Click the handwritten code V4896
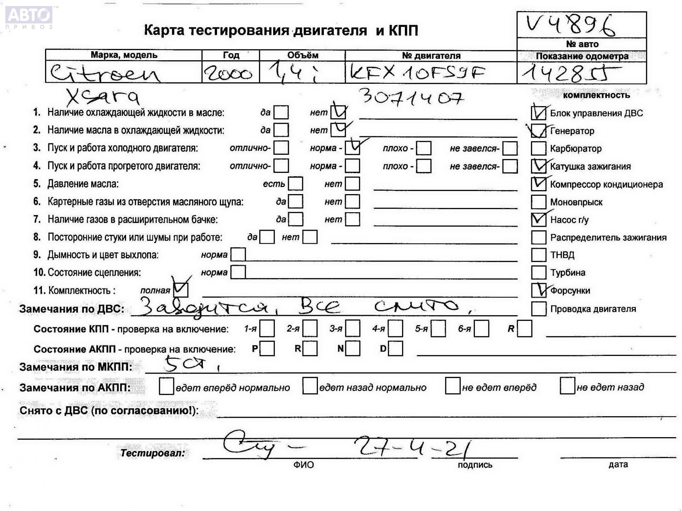click(570, 25)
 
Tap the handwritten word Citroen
click(105, 73)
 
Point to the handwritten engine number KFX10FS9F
click(417, 73)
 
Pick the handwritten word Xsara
click(103, 96)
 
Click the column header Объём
click(302, 55)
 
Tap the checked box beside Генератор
click(538, 131)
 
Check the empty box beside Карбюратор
click(538, 148)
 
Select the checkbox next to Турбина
click(538, 273)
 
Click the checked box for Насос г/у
click(538, 220)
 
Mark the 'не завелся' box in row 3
click(510, 148)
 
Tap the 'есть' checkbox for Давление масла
click(296, 184)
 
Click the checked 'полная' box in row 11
click(180, 290)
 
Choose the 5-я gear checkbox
click(438, 329)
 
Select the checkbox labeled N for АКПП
click(353, 348)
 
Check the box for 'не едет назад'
click(567, 386)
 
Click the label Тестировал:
click(153, 453)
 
